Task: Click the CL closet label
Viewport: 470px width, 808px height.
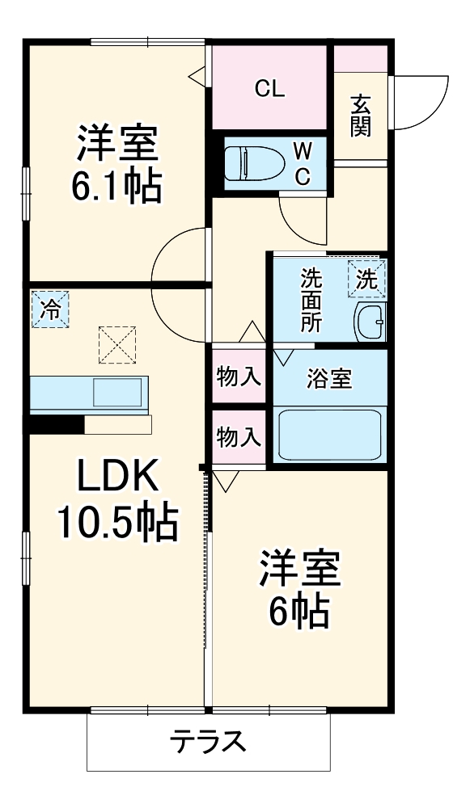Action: coord(269,89)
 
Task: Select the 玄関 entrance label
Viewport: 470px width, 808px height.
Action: coord(361,116)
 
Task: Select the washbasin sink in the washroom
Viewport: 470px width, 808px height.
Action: coord(370,323)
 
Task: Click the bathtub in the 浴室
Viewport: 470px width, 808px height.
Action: coord(329,435)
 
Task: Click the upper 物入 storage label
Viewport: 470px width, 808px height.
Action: coord(239,377)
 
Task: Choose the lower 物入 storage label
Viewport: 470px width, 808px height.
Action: coord(239,437)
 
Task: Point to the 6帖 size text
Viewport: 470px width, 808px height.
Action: coord(299,612)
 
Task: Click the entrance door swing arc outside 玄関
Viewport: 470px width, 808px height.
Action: coord(425,101)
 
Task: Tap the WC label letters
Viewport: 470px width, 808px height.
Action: coord(300,163)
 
